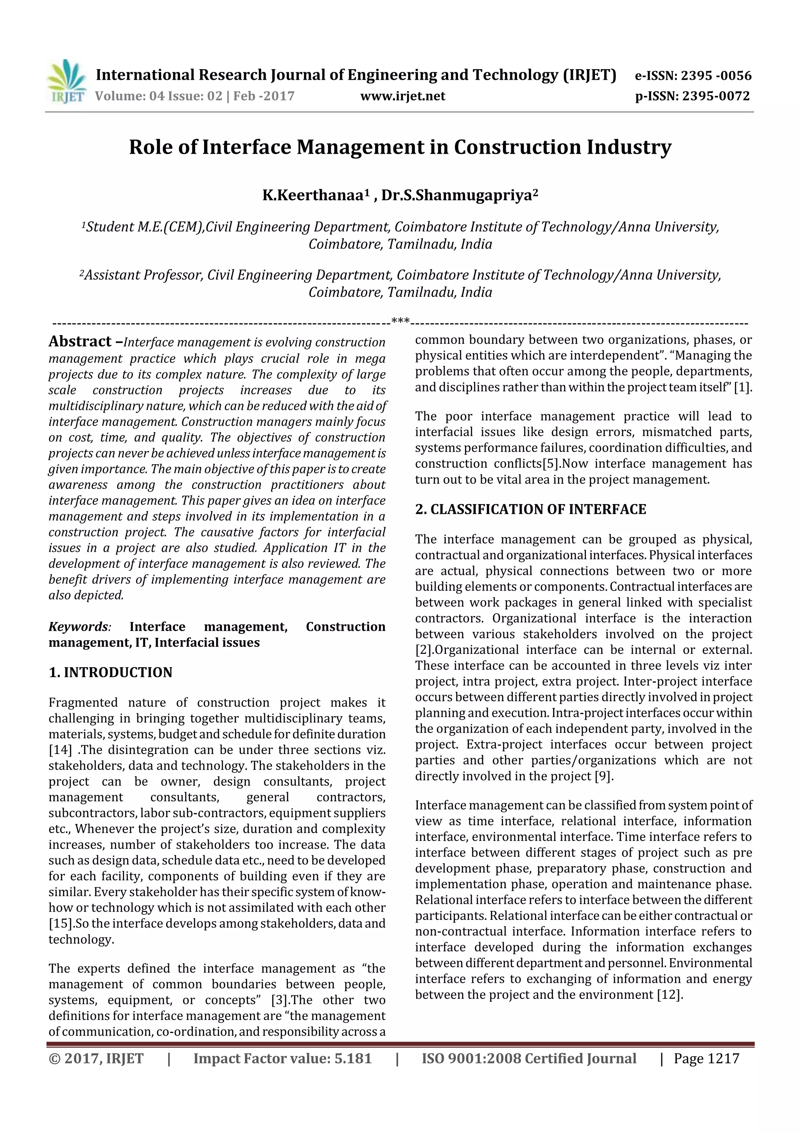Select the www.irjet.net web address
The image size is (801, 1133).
tap(403, 96)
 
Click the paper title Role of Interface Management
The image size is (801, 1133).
tap(400, 147)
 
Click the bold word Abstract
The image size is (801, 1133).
tap(80, 341)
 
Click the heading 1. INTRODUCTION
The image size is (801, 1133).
tap(111, 673)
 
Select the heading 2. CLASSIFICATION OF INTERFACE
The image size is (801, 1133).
tap(531, 509)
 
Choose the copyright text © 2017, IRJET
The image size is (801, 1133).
tap(96, 1058)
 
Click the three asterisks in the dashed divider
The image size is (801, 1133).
tap(400, 322)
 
